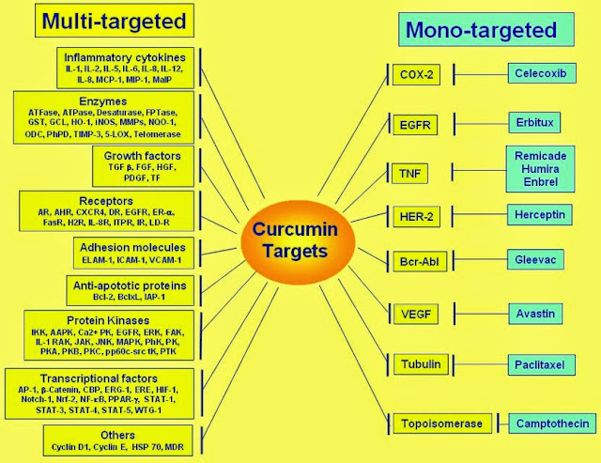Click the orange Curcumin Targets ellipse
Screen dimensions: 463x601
300,241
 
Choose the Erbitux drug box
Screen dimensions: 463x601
540,122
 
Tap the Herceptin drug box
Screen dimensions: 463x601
540,215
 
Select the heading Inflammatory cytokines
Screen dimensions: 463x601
124,54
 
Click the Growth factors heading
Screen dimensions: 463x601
142,155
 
